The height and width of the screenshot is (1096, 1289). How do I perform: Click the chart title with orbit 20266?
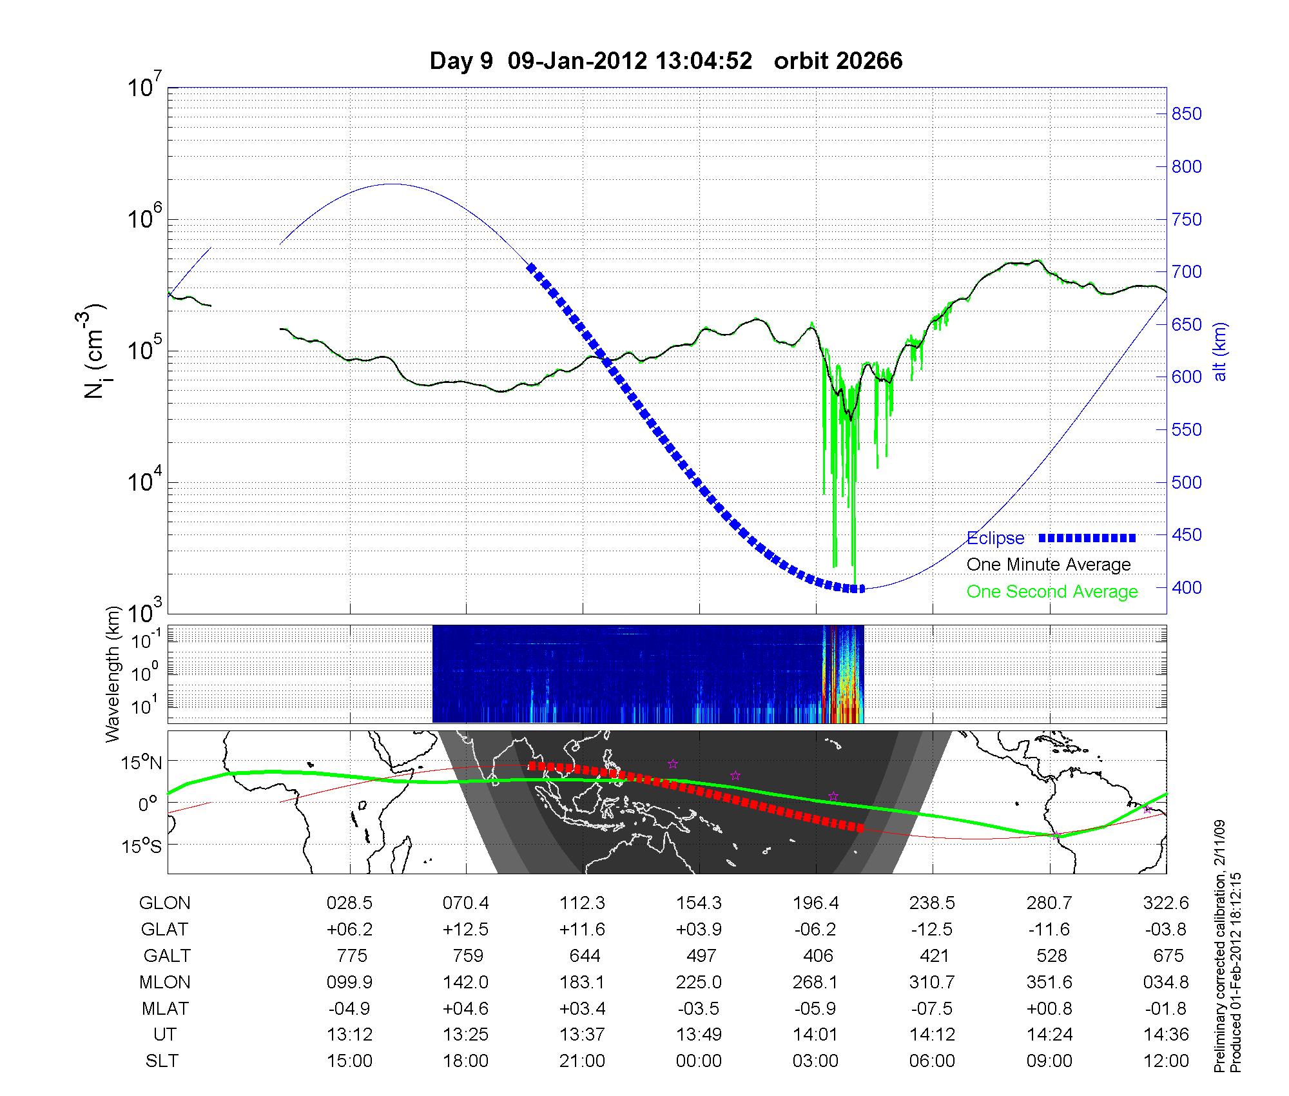pyautogui.click(x=666, y=61)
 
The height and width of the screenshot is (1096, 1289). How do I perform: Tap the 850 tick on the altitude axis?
pyautogui.click(x=1186, y=114)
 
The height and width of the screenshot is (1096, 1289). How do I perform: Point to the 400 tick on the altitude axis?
pyautogui.click(x=1186, y=587)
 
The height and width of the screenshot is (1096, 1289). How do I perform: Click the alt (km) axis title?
pyautogui.click(x=1220, y=351)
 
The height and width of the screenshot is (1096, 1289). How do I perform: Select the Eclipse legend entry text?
pyautogui.click(x=995, y=538)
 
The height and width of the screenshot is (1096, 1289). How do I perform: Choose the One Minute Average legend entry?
pyautogui.click(x=1049, y=565)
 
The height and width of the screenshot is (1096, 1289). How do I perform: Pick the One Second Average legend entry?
pyautogui.click(x=1052, y=592)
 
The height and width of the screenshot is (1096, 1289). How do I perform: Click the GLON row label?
pyautogui.click(x=164, y=903)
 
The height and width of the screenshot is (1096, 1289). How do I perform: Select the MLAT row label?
pyautogui.click(x=164, y=1008)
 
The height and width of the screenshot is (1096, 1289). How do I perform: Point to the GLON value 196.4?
pyautogui.click(x=816, y=903)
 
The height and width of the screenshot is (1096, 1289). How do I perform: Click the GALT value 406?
pyautogui.click(x=818, y=955)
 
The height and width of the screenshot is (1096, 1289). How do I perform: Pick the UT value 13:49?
pyautogui.click(x=699, y=1034)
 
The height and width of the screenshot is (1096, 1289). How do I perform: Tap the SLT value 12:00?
pyautogui.click(x=1166, y=1061)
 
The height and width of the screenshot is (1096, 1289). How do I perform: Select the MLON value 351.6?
pyautogui.click(x=1049, y=982)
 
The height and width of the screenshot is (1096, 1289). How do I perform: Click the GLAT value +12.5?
pyautogui.click(x=466, y=929)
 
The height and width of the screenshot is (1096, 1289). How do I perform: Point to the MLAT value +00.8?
pyautogui.click(x=1049, y=1008)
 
